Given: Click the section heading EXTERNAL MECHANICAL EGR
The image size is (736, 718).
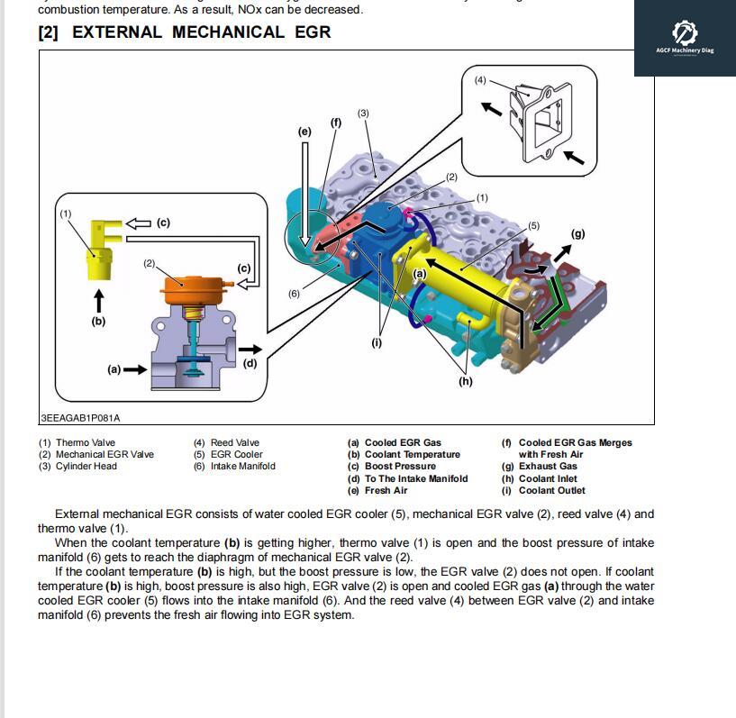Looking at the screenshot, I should [184, 32].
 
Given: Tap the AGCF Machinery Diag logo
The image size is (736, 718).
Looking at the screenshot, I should [685, 37].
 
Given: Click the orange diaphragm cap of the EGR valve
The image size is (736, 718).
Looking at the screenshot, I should [188, 291].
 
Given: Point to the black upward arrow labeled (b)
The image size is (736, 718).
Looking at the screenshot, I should [98, 302].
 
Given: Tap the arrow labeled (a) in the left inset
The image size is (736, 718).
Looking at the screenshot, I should [135, 369].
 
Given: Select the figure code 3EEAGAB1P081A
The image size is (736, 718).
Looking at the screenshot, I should [80, 418].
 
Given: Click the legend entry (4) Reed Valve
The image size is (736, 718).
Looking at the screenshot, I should [226, 442].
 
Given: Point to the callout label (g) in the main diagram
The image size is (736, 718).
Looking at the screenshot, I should [577, 233].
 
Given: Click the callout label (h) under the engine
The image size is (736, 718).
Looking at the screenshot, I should [465, 381].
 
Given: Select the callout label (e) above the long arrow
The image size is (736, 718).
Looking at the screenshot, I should [304, 132].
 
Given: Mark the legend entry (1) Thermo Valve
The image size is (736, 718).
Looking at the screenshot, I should [77, 442].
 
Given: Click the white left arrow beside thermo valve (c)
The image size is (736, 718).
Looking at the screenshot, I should [138, 223].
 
